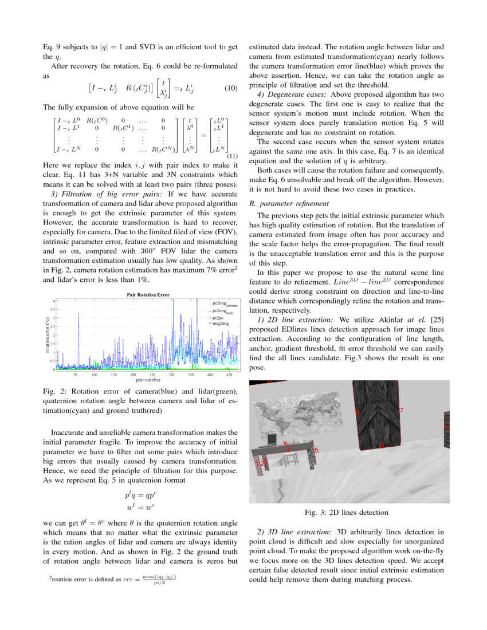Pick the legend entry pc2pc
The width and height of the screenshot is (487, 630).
[x=218, y=317]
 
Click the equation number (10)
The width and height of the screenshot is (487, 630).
[x=230, y=89]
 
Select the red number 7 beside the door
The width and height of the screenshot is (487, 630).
[x=401, y=411]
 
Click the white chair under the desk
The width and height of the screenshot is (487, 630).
[x=291, y=458]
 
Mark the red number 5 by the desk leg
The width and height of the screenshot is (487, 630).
[x=316, y=451]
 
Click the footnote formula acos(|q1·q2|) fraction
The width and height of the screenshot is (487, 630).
[x=159, y=580]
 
